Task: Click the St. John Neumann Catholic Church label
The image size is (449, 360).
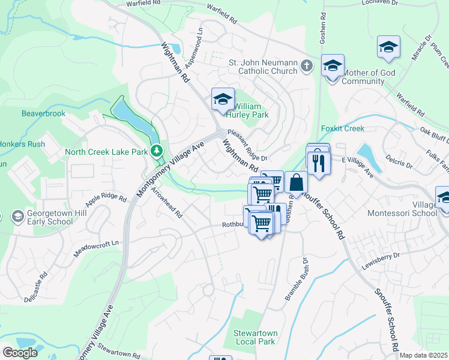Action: [x=263, y=66]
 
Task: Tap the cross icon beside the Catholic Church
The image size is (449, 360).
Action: [x=307, y=65]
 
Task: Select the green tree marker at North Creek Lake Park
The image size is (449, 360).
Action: [x=157, y=150]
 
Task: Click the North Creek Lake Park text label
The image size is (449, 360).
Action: [x=106, y=152]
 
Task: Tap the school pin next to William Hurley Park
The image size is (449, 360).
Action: [x=223, y=99]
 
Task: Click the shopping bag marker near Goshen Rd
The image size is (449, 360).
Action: [x=296, y=181]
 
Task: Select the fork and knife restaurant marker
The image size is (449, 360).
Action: [x=318, y=161]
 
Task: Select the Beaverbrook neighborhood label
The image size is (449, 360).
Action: [x=43, y=113]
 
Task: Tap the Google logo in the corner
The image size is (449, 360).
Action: [x=20, y=353]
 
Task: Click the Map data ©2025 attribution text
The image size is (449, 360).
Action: [x=424, y=355]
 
